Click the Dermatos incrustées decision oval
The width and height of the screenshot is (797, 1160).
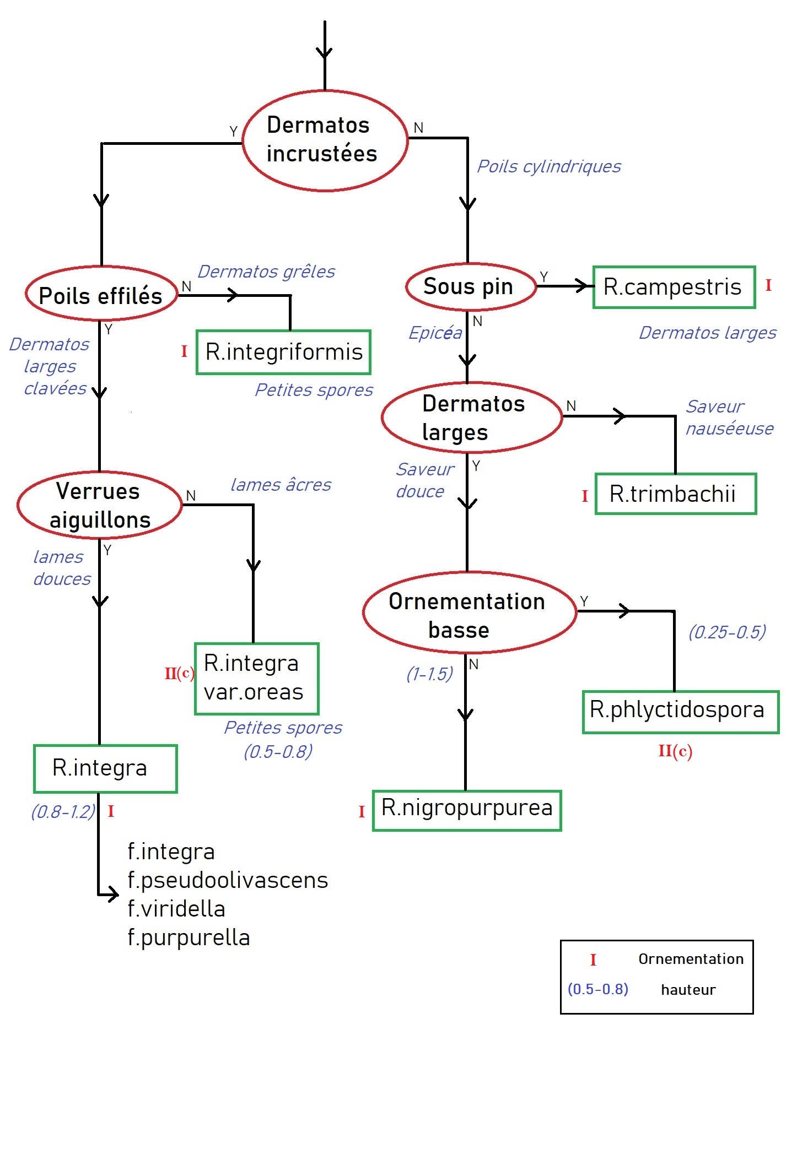[325, 140]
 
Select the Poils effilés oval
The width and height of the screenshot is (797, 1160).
[101, 294]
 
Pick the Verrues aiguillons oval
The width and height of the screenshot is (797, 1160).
[100, 505]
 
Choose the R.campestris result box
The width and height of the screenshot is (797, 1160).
[673, 287]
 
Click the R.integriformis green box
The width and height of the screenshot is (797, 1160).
[284, 352]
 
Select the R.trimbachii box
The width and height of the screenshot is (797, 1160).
[675, 494]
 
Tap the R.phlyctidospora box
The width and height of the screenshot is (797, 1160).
[680, 711]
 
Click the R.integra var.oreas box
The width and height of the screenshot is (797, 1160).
[256, 678]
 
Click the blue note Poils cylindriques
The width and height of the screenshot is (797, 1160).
[549, 166]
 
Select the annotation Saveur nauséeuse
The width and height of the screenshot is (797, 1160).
[729, 418]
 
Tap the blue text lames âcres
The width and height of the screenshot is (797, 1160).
[281, 485]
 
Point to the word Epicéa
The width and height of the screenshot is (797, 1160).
[435, 333]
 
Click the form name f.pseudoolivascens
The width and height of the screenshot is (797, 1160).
[228, 880]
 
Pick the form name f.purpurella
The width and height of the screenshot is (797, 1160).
[189, 937]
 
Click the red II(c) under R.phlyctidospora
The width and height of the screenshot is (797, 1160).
[675, 751]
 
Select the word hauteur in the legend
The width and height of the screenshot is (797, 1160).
[688, 990]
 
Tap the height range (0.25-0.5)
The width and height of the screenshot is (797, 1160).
[727, 632]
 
